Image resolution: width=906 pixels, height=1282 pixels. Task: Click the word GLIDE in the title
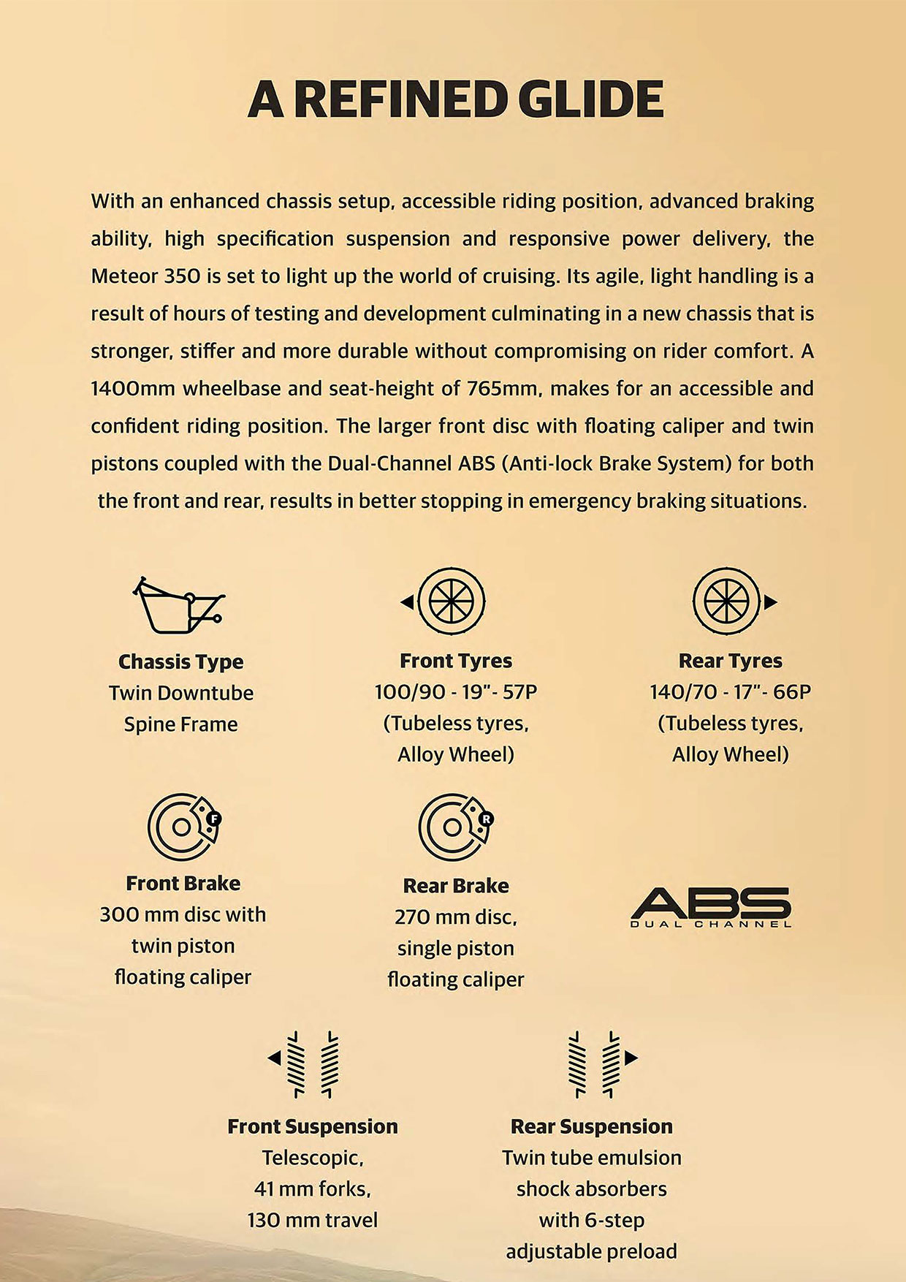[x=590, y=100]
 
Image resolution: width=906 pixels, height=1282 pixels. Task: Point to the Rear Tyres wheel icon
[x=728, y=602]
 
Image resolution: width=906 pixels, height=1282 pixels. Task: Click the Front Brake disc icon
[x=183, y=827]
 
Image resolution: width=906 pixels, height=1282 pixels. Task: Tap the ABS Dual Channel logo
[x=711, y=907]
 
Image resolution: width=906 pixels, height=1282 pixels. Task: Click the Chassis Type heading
[x=181, y=661]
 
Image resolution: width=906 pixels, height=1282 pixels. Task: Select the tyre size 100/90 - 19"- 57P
[x=456, y=691]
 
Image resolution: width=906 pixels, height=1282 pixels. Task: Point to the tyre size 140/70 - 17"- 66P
[x=731, y=691]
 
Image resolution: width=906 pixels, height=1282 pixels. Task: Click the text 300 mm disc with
[x=183, y=914]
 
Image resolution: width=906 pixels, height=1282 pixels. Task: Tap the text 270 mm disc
[x=455, y=917]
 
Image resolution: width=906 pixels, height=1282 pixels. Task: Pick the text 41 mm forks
[x=313, y=1188]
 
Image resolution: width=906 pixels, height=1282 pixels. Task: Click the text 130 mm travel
[x=313, y=1220]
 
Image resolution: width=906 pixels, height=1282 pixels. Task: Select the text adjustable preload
[x=591, y=1251]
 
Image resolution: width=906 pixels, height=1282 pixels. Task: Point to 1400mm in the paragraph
[x=133, y=388]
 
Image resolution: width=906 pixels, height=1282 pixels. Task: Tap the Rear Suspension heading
[x=591, y=1126]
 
